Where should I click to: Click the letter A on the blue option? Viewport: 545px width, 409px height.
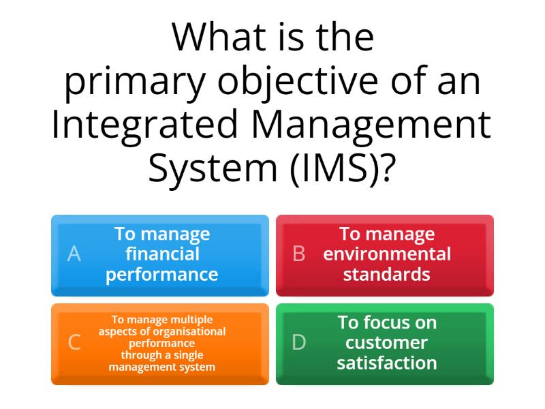74,254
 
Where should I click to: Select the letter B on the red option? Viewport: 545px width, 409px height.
298,254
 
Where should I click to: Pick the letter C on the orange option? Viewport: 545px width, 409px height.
74,343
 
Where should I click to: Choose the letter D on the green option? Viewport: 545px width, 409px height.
298,343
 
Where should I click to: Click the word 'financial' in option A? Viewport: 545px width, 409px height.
162,254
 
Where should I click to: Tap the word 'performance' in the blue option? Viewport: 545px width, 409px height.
162,275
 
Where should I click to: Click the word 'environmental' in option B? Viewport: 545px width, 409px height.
387,254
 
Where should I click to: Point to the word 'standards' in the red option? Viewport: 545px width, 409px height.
387,275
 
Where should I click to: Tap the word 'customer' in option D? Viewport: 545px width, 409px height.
387,342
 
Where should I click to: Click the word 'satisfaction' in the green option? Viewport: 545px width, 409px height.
387,363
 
